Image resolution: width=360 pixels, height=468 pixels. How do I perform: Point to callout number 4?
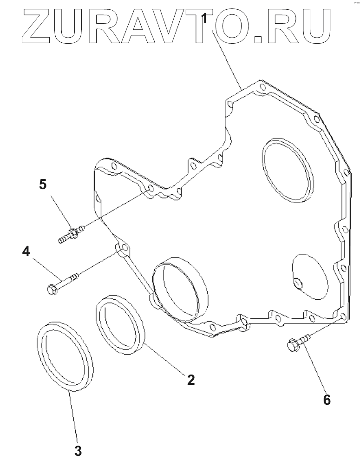pyautogui.click(x=26, y=252)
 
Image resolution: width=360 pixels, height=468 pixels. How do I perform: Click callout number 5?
pyautogui.click(x=42, y=185)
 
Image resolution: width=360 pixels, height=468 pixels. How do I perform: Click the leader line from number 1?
pyautogui.click(x=226, y=58)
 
